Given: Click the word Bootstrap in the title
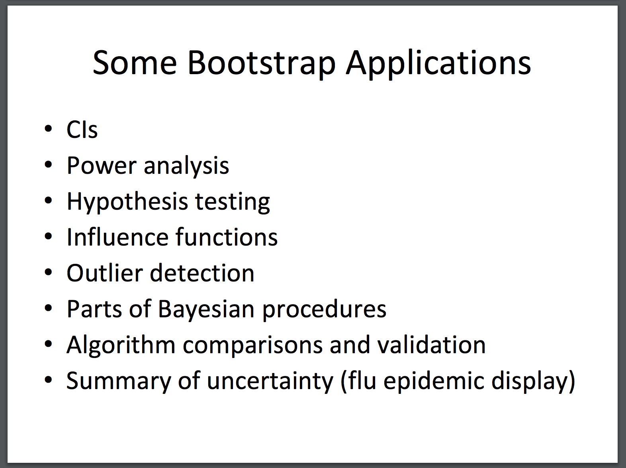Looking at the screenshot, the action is tap(261, 63).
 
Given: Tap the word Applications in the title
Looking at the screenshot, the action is tap(438, 63).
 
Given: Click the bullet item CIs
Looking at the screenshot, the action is tap(82, 130).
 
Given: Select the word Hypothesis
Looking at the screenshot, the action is tap(127, 202).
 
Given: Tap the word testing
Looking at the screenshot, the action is tap(233, 203).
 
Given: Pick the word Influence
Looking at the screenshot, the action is tap(117, 237).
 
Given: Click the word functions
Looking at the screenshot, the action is tap(227, 237).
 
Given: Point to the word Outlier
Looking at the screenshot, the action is tap(105, 273).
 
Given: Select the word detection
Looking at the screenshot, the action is tap(202, 273).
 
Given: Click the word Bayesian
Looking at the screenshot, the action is tap(206, 309).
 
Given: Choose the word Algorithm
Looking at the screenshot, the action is tap(121, 345).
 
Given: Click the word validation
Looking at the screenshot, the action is tap(432, 345).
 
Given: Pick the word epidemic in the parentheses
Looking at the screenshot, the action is tap(434, 381).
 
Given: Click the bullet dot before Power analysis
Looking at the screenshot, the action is tap(49, 165).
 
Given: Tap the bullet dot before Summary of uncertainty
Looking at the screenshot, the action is tap(49, 380).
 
